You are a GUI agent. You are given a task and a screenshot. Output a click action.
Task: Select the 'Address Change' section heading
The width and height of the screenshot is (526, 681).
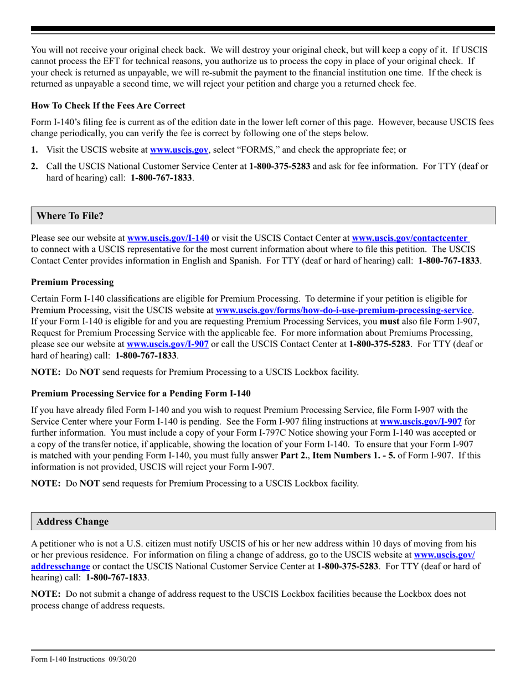tap(73, 522)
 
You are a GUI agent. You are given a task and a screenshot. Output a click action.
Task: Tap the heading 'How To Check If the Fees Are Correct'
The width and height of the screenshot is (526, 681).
tap(108, 105)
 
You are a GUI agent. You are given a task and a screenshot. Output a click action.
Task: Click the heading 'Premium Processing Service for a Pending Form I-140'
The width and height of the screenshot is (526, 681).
tap(141, 394)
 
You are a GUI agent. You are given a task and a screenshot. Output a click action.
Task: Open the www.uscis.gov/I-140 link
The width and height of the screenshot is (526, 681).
tap(168, 238)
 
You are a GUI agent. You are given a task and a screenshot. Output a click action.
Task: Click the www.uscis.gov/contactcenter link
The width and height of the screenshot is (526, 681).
tap(410, 238)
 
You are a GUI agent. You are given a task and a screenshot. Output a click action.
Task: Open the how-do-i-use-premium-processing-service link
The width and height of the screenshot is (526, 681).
tap(343, 311)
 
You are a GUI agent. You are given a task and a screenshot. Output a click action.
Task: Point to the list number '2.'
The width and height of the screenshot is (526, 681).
tap(35, 166)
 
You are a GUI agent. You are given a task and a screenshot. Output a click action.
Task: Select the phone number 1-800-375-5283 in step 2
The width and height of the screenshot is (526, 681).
tap(280, 166)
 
